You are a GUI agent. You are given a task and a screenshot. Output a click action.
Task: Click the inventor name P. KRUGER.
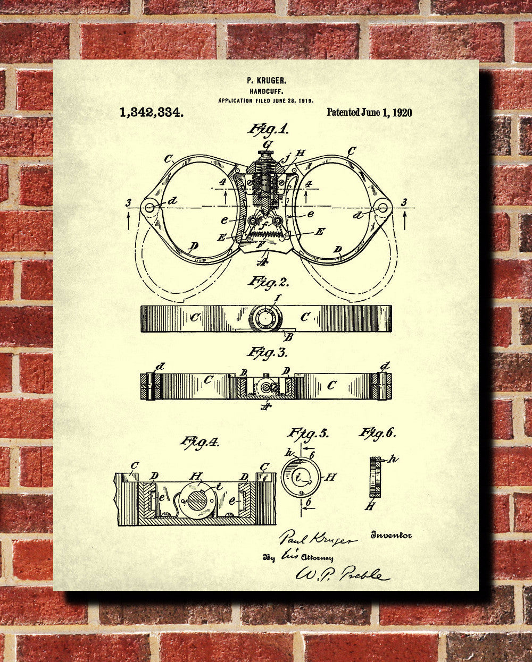click(x=267, y=80)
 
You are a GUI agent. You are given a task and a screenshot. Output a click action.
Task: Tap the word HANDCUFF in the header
click(x=266, y=91)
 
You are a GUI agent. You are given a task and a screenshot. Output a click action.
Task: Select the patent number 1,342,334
click(x=152, y=112)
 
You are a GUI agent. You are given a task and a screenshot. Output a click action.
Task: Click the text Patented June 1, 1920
click(x=369, y=112)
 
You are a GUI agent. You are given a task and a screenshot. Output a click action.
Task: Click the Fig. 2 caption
click(x=267, y=281)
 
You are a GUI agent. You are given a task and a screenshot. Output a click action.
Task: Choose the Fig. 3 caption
click(x=267, y=352)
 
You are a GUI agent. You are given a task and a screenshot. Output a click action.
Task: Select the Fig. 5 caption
click(x=308, y=433)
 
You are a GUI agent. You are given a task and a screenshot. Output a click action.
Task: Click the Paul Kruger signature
click(x=318, y=539)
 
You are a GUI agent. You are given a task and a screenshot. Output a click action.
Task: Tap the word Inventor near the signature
click(x=391, y=536)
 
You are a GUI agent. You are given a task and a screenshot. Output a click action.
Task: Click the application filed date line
click(x=266, y=100)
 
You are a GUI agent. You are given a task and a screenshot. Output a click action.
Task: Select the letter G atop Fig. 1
click(x=267, y=144)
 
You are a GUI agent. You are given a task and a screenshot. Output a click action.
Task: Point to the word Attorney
click(x=317, y=558)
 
